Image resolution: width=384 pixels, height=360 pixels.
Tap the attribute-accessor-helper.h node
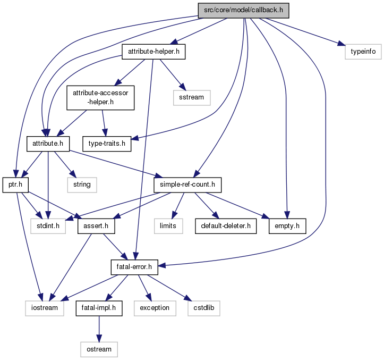(100, 98)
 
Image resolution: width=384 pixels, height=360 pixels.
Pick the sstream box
(192, 98)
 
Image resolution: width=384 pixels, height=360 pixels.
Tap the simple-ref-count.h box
(187, 185)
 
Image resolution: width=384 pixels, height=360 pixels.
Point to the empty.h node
(287, 225)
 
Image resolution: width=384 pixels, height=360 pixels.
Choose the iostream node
(45, 307)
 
